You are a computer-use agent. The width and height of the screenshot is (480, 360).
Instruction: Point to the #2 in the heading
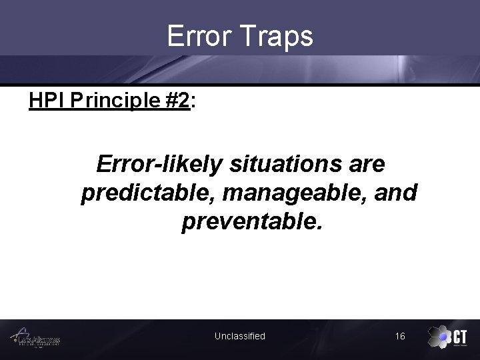click(176, 101)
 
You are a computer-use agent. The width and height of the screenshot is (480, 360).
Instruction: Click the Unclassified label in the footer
click(239, 336)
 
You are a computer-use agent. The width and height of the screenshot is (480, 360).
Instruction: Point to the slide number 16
click(400, 336)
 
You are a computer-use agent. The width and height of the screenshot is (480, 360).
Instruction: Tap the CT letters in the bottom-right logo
click(460, 335)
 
